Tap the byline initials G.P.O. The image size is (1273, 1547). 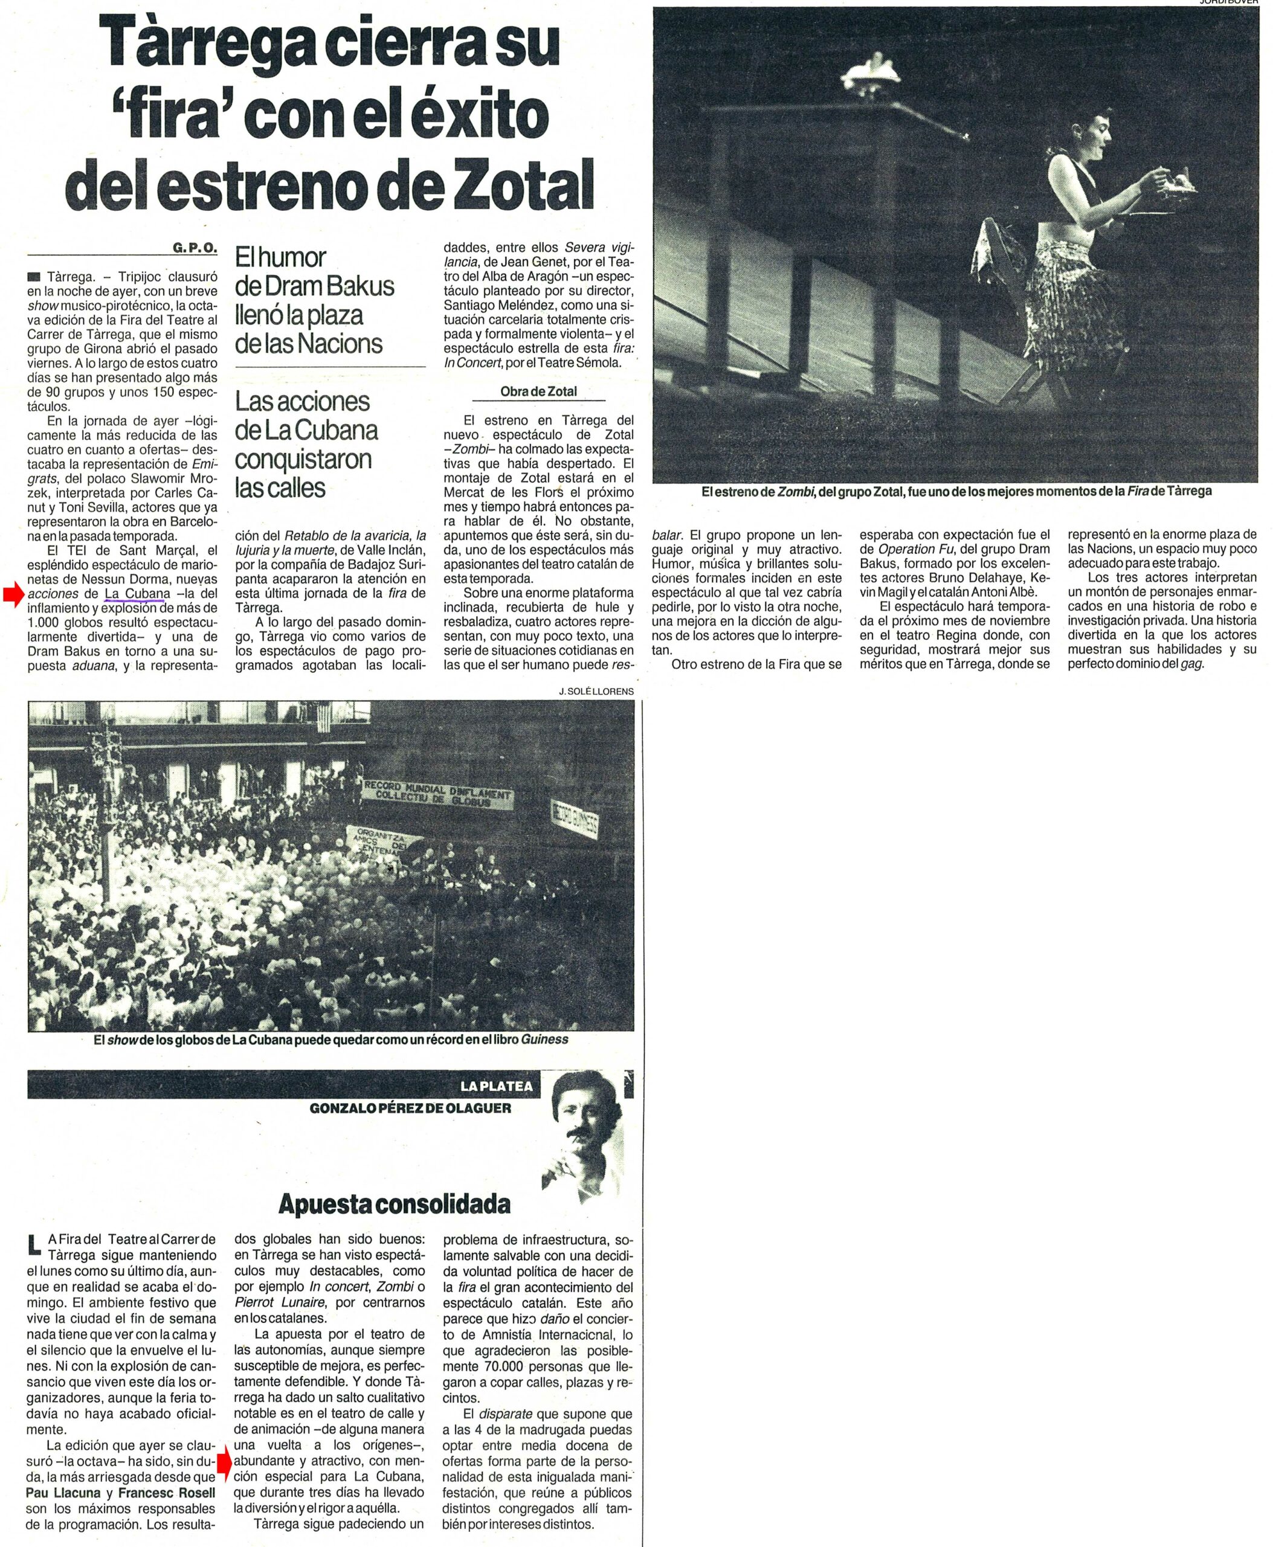(x=195, y=248)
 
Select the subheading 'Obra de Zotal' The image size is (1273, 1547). (x=538, y=391)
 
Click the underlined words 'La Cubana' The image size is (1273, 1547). (x=137, y=593)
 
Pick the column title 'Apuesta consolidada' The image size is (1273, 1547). (x=395, y=1203)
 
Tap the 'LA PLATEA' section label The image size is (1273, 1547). (x=497, y=1086)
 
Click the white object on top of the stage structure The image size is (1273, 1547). (x=872, y=71)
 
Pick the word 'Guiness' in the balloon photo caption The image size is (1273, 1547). (x=544, y=1039)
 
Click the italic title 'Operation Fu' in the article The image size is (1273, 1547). (x=917, y=549)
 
